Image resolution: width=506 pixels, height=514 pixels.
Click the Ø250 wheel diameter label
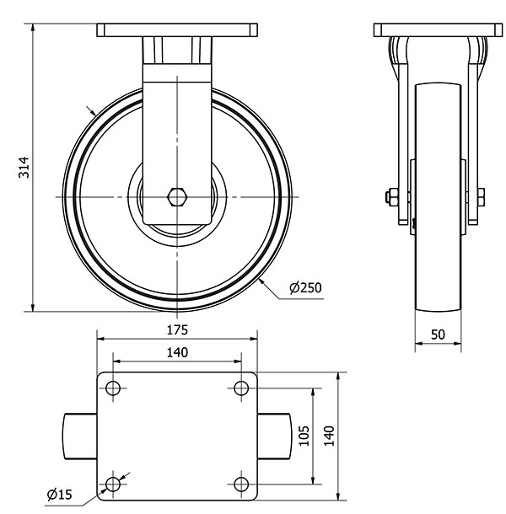pos(304,288)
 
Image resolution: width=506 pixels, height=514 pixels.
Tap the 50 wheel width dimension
pos(438,334)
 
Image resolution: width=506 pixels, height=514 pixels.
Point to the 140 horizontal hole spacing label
pos(177,351)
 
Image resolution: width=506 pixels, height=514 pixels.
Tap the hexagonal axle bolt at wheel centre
pos(177,197)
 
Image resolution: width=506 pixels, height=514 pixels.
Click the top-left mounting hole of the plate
pos(113,388)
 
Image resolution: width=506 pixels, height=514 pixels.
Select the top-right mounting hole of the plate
pos(241,388)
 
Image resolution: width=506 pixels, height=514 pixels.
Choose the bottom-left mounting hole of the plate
pos(113,484)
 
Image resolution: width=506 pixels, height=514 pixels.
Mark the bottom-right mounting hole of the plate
pos(241,484)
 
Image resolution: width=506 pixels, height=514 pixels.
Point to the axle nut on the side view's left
pos(390,198)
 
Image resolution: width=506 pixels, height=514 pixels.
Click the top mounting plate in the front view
pos(177,31)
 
